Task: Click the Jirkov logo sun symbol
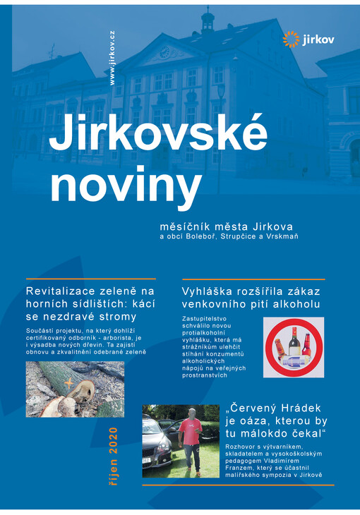pos(291,39)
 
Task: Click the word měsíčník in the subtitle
pos(185,226)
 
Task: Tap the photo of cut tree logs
pos(75,389)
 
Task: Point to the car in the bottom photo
pos(156,444)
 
